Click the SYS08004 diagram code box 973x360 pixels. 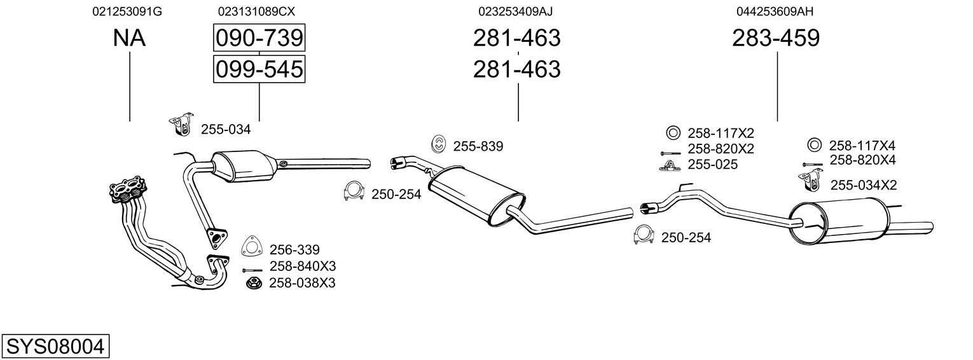click(x=55, y=347)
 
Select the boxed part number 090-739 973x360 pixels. click(x=259, y=38)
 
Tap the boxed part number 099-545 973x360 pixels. click(x=259, y=69)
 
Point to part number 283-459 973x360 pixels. click(x=776, y=38)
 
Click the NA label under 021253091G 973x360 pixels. click(x=129, y=38)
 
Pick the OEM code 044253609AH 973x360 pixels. click(x=775, y=11)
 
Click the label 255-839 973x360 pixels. click(x=478, y=146)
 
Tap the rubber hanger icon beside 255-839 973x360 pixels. click(x=438, y=144)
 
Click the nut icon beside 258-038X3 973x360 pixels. click(x=252, y=282)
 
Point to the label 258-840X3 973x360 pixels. click(x=303, y=266)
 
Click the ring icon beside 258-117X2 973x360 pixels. click(x=673, y=133)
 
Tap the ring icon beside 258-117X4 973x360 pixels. click(x=813, y=144)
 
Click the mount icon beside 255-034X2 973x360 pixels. click(x=809, y=182)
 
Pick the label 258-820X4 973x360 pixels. click(x=862, y=160)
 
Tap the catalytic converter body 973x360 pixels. click(x=244, y=165)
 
